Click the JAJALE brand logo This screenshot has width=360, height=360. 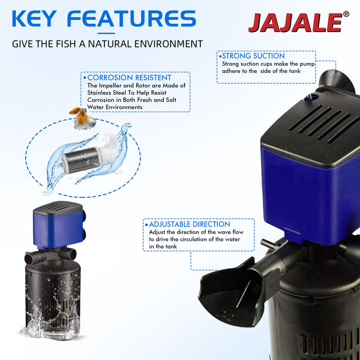(x=295, y=22)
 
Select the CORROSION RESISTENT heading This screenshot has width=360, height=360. (x=129, y=78)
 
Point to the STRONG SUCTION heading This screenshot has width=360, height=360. (x=253, y=56)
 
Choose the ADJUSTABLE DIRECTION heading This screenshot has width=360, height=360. (x=189, y=224)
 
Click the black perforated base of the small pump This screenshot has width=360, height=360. (x=54, y=292)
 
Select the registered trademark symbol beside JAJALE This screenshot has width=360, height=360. (x=346, y=14)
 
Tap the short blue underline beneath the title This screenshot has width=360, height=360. (x=106, y=33)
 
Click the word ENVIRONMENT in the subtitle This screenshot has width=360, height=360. (x=171, y=44)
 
